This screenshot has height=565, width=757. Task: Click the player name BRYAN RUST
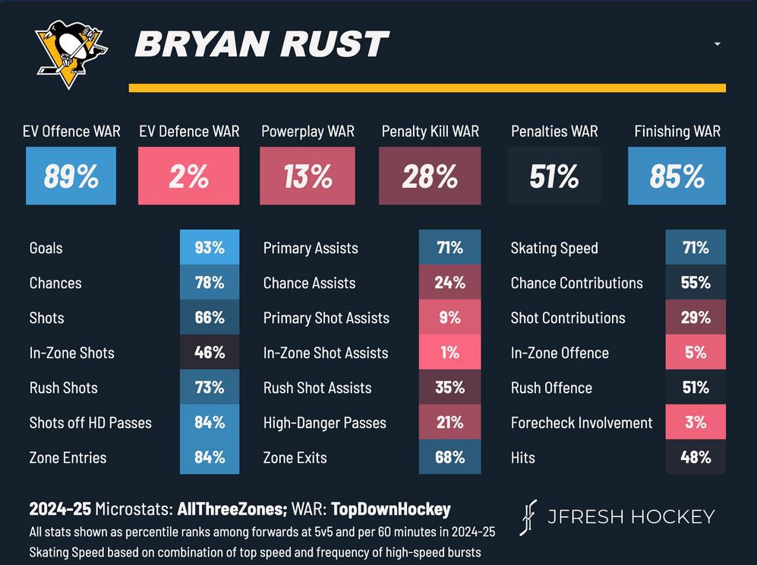[x=262, y=46]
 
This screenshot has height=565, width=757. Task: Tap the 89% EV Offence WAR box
[x=71, y=176]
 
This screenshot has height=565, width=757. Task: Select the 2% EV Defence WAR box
[x=188, y=176]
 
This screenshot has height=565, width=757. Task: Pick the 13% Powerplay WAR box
[x=308, y=176]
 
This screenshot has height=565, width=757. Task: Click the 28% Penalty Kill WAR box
[x=430, y=176]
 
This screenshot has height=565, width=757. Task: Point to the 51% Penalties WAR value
[x=554, y=176]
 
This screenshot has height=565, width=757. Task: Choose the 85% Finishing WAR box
[x=677, y=176]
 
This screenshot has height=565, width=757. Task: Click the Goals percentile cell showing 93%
[x=210, y=248]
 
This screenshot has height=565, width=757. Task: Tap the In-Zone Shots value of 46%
[x=210, y=353]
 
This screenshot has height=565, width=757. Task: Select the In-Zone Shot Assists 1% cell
[x=449, y=353]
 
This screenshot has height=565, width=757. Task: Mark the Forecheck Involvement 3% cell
[x=695, y=423]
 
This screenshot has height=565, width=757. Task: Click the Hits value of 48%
[x=695, y=458]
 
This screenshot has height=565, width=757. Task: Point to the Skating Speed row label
[x=554, y=248]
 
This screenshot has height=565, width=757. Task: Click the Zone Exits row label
[x=295, y=458]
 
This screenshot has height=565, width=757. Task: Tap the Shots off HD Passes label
[x=90, y=423]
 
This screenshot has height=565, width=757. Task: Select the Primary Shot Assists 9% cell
[x=449, y=318]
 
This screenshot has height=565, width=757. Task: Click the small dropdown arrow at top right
[x=717, y=44]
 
